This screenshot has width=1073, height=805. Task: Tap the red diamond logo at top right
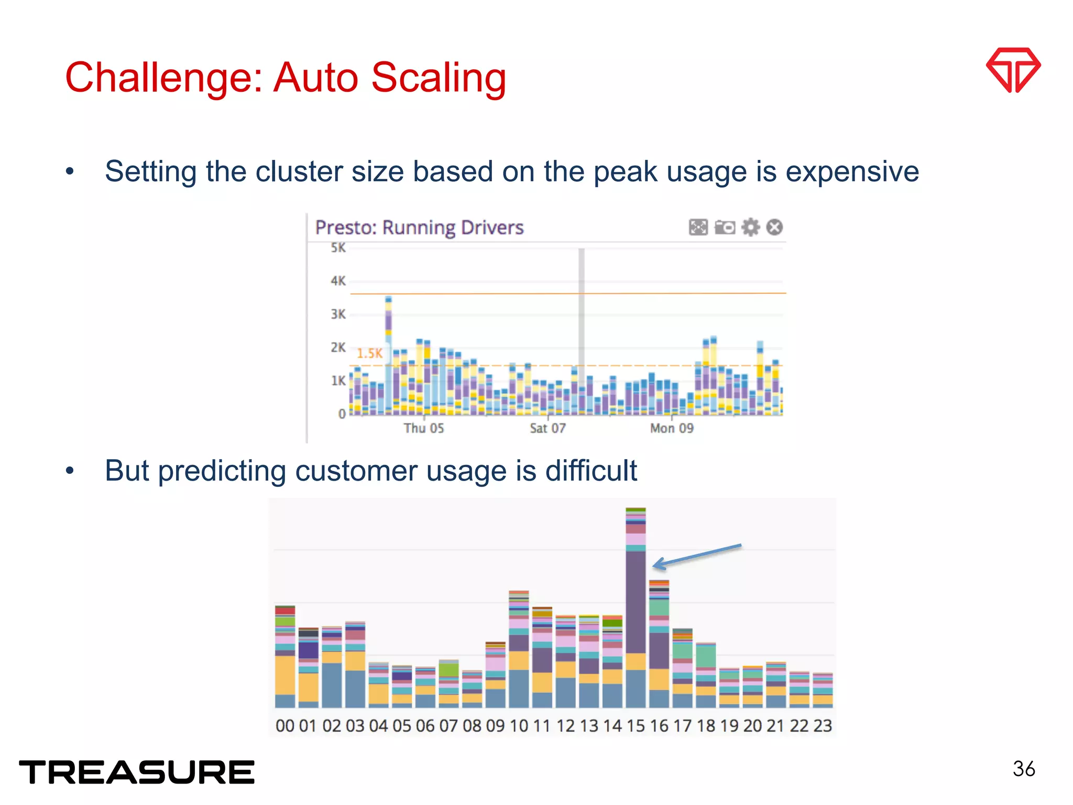(1013, 70)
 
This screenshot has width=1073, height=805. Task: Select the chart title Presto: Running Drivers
(419, 227)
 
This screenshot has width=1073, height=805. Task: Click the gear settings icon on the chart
(750, 227)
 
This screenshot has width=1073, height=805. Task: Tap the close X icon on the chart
(774, 227)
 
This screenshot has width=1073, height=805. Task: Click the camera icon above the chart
(725, 227)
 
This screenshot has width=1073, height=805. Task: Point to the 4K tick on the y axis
(338, 281)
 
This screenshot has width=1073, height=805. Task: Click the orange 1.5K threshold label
(369, 353)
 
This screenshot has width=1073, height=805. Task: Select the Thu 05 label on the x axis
(423, 428)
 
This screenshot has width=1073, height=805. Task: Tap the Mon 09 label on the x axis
(671, 428)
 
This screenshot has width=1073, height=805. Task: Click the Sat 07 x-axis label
(548, 428)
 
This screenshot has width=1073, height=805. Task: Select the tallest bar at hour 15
(636, 608)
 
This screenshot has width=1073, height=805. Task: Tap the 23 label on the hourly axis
(823, 726)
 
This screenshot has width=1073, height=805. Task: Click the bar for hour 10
(519, 650)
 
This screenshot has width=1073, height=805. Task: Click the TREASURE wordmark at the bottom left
(137, 773)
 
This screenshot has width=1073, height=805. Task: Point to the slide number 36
(1024, 769)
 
